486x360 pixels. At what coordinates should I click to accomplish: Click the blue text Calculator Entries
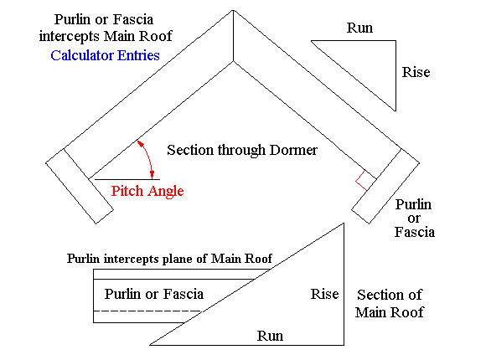105,55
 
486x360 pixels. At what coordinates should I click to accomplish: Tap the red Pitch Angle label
147,191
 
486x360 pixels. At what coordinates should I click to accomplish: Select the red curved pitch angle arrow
149,157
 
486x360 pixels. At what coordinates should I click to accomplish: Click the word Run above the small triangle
359,28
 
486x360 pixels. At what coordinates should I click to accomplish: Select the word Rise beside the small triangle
416,73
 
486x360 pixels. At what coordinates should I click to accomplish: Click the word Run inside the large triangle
270,336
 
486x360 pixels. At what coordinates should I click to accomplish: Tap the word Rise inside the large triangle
324,294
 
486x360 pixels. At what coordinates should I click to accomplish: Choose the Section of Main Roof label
390,304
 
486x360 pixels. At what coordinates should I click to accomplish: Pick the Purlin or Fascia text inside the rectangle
154,294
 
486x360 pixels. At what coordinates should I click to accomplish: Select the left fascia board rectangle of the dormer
80,185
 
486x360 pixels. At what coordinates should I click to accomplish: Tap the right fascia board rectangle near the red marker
385,185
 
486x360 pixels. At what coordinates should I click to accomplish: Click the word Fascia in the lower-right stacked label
414,232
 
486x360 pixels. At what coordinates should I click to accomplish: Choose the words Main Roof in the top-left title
154,37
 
